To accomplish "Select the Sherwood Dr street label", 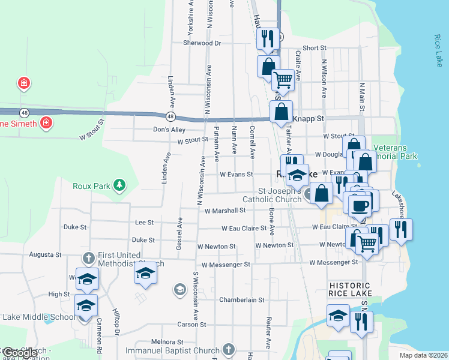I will click(202, 43).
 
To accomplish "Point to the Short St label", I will click(315, 48).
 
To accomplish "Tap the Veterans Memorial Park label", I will click(394, 152).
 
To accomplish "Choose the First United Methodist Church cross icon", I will click(88, 258).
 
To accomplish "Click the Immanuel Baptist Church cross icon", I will click(228, 349).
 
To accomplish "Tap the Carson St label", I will click(191, 325).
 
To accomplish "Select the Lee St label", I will click(145, 222).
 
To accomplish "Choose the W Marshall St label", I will click(225, 211).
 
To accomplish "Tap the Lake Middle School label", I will click(38, 317).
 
